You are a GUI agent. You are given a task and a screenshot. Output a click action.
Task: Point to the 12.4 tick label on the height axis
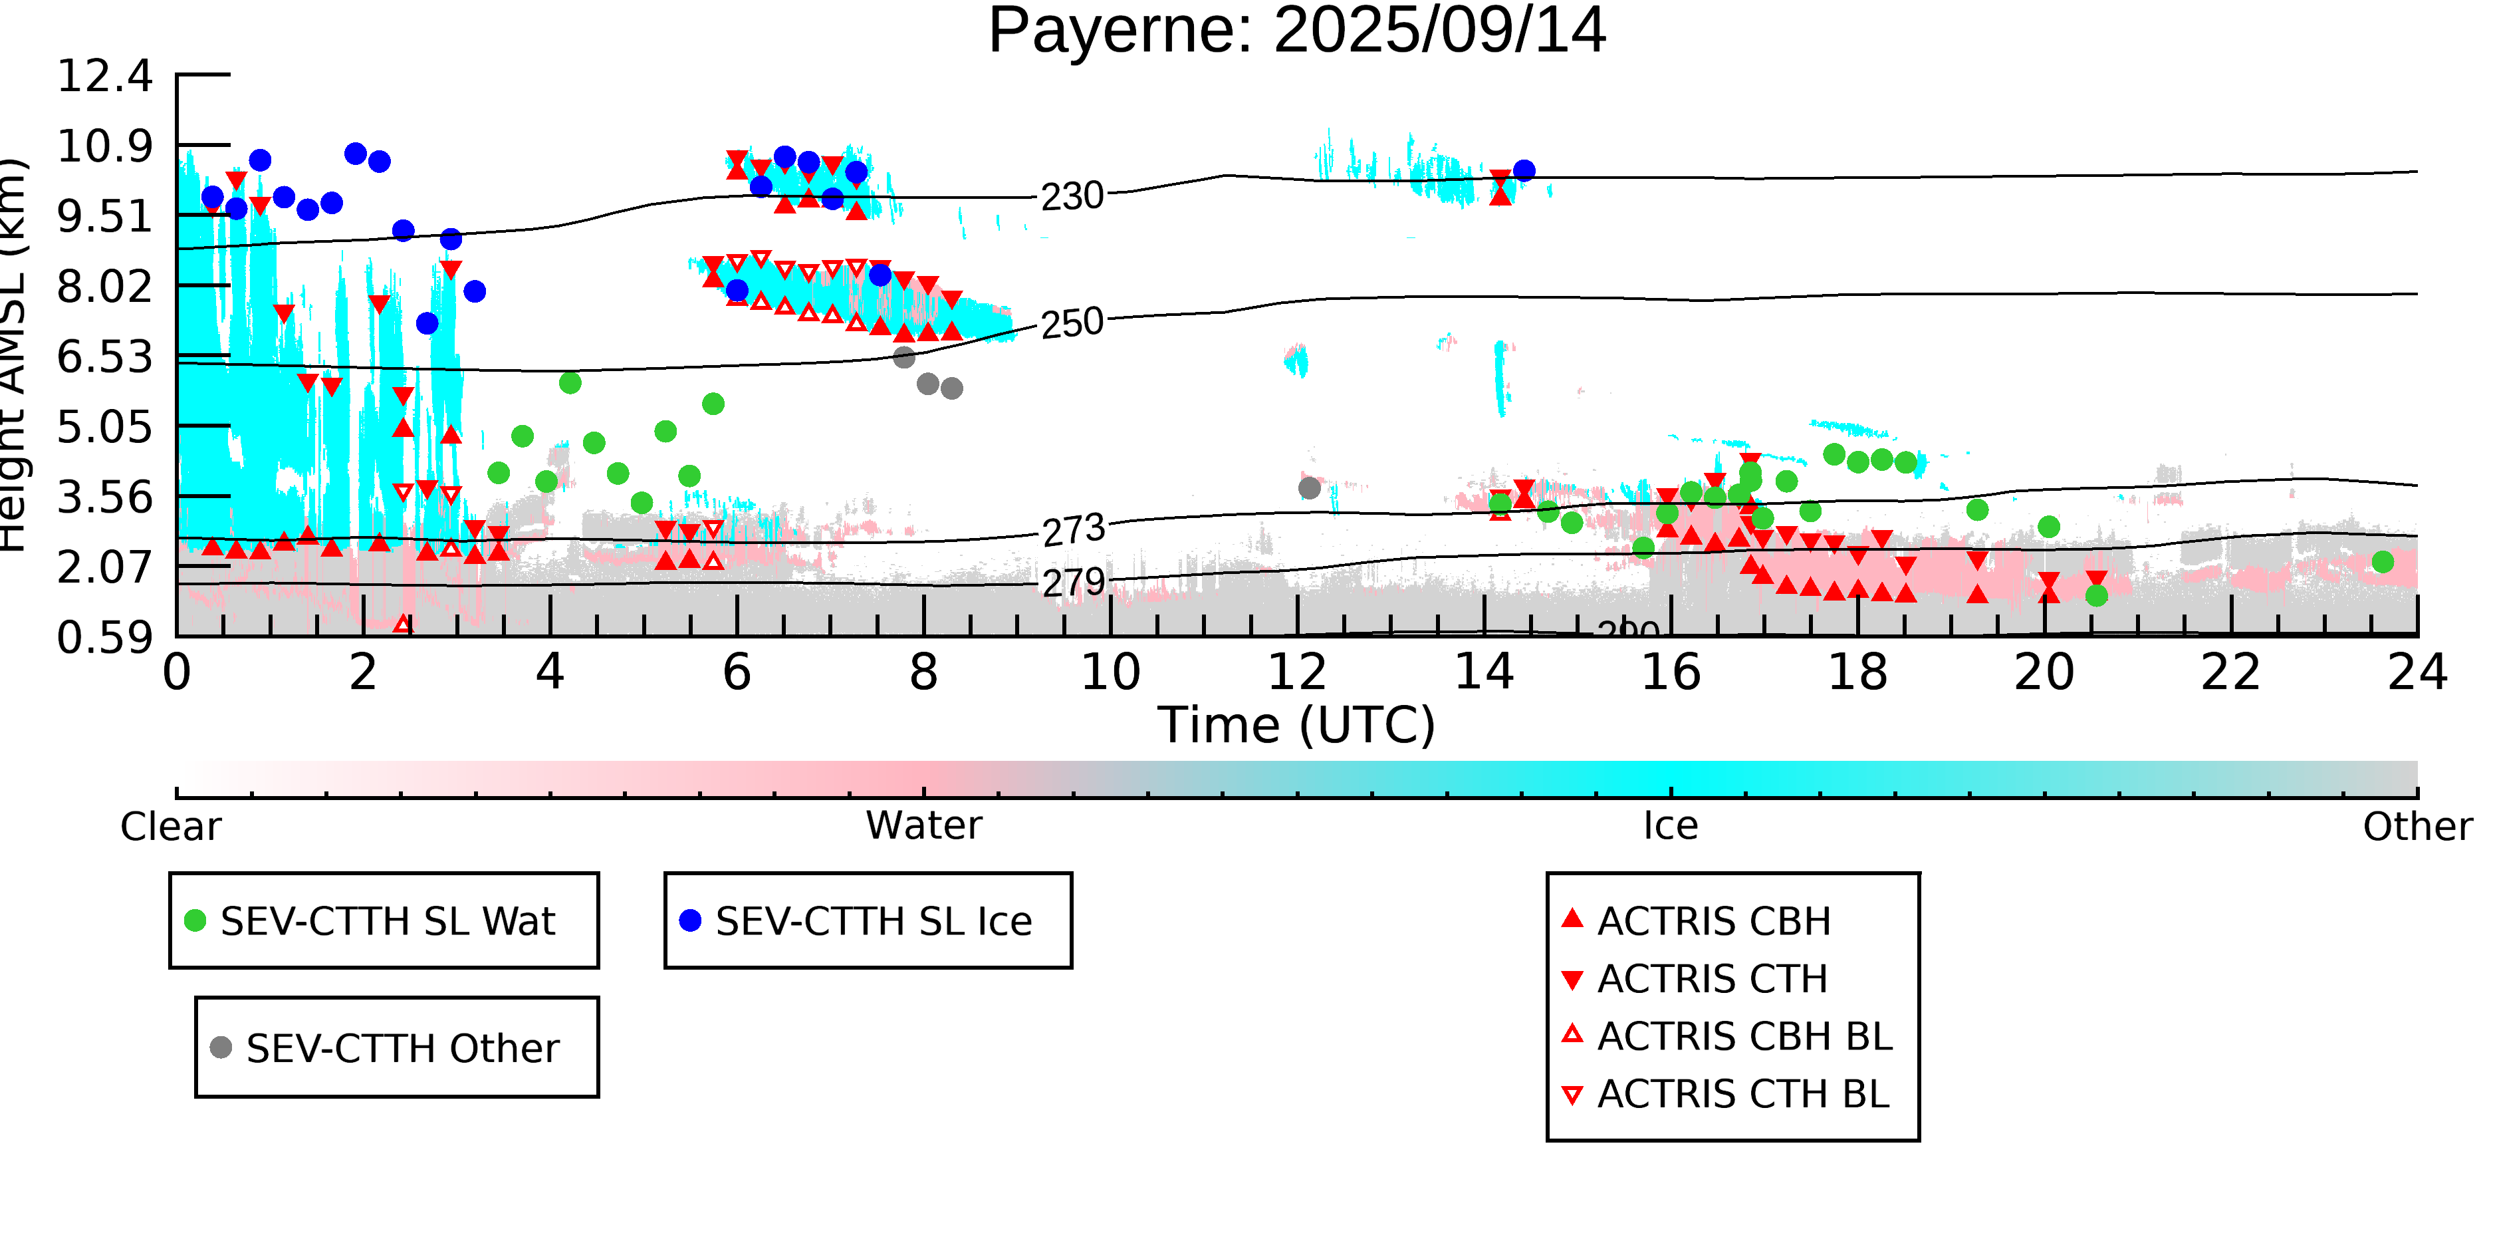[104, 76]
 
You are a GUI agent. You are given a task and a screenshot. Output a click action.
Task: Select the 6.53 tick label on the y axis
[104, 357]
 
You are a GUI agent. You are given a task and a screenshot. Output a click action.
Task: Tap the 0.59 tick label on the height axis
[104, 638]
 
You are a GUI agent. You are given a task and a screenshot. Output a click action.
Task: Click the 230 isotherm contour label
[1072, 197]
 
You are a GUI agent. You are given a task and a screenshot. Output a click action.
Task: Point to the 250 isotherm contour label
[1072, 323]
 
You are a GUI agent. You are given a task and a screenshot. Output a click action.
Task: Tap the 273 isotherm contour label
[1073, 529]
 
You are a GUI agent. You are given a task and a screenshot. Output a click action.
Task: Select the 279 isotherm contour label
[1073, 582]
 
